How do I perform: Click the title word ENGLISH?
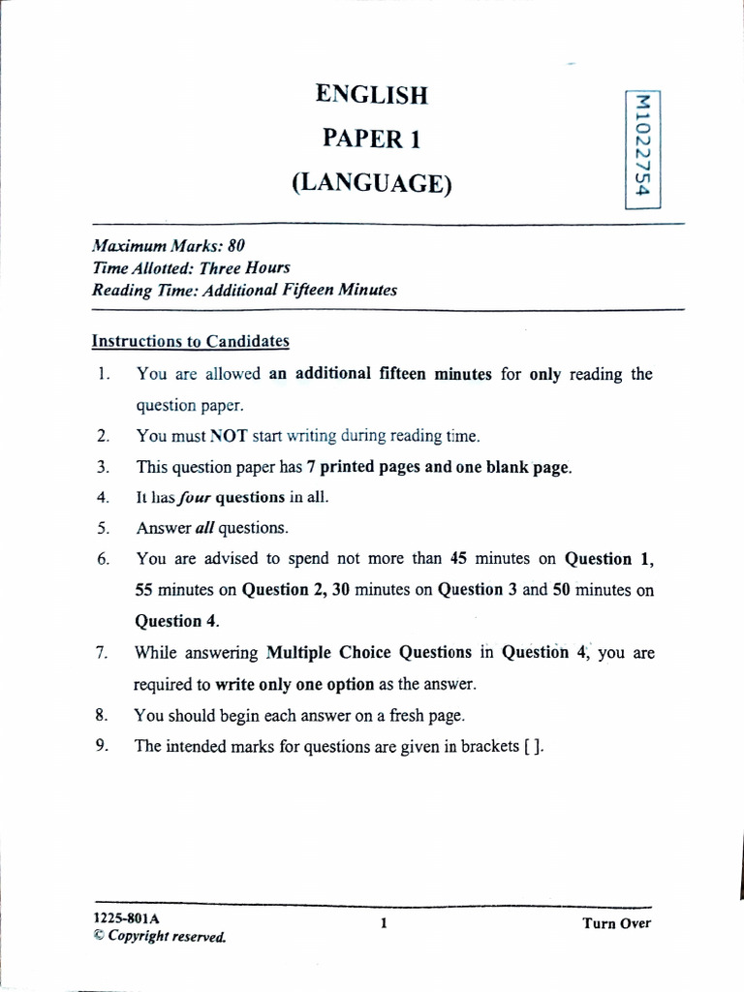371,95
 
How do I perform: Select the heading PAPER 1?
371,139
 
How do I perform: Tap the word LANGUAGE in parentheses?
372,183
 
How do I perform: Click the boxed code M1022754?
638,147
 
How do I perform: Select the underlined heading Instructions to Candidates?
190,341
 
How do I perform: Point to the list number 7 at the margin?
101,653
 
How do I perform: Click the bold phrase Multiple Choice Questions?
369,653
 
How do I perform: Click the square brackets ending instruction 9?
527,747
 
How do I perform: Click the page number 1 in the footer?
384,924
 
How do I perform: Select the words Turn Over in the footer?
616,923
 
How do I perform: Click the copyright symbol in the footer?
97,937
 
